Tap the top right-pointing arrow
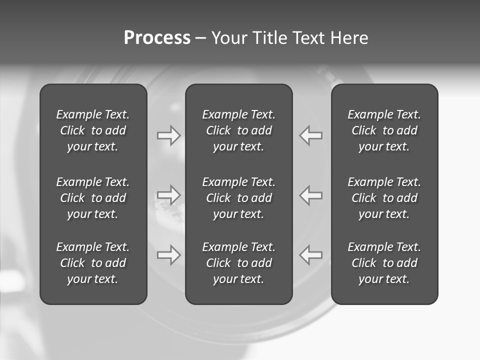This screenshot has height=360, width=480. click(x=168, y=135)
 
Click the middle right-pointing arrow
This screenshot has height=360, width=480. click(x=168, y=194)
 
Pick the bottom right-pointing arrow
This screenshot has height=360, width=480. click(x=168, y=255)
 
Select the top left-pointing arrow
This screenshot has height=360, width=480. click(x=311, y=135)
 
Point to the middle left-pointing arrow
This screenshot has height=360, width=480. click(x=311, y=194)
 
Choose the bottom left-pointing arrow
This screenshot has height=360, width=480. click(x=311, y=255)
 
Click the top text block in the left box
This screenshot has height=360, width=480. click(x=93, y=130)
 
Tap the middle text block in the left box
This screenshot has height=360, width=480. click(x=93, y=198)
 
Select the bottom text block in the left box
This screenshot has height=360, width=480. click(x=93, y=263)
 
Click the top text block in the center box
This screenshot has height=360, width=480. click(x=238, y=130)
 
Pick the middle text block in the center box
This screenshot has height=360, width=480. click(x=238, y=198)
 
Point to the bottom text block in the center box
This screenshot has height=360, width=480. click(x=238, y=263)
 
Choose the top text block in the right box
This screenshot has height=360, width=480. click(x=384, y=130)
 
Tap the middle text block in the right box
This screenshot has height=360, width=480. click(x=384, y=198)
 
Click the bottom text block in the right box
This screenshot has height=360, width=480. click(x=384, y=263)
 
